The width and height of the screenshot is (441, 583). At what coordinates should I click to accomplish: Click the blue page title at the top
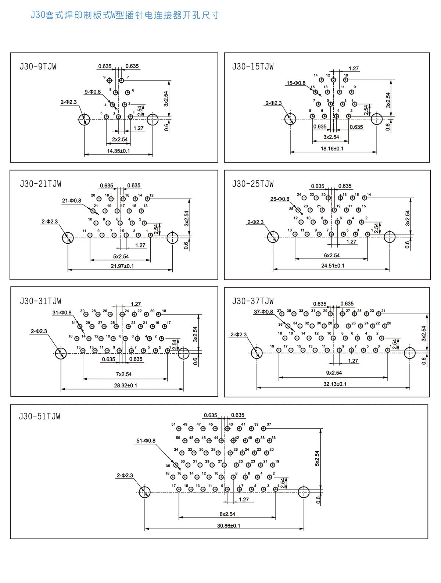(x=125, y=15)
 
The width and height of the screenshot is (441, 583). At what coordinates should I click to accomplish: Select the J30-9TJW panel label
(x=38, y=67)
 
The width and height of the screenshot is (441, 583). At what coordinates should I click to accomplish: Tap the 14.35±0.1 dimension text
(x=118, y=151)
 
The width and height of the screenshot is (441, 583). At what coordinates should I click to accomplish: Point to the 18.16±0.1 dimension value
(x=332, y=149)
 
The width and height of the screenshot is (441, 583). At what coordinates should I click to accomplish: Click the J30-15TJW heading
(x=253, y=67)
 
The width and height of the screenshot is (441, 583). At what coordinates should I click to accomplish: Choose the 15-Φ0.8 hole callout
(x=296, y=83)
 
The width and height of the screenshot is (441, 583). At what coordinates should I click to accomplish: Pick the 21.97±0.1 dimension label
(x=122, y=266)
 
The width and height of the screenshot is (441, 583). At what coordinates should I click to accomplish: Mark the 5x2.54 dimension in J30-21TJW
(x=121, y=257)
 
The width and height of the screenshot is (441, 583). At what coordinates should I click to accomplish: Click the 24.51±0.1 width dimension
(x=333, y=265)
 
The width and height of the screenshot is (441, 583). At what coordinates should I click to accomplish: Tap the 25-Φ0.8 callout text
(x=280, y=199)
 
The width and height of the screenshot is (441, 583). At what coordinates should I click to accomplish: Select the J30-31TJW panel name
(x=40, y=301)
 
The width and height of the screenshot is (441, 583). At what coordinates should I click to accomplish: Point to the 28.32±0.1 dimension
(x=125, y=385)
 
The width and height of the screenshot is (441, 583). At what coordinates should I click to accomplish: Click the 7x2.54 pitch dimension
(x=123, y=374)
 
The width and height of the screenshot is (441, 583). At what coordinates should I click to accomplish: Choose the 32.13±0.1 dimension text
(x=335, y=384)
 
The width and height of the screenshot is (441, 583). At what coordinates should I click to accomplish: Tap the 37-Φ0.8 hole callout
(x=263, y=312)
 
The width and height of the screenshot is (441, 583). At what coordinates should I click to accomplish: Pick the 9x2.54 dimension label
(x=334, y=373)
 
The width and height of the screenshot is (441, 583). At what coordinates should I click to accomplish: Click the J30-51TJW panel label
(x=40, y=416)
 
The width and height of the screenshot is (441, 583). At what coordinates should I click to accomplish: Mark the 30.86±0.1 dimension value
(x=229, y=526)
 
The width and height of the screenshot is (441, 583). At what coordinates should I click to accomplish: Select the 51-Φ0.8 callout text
(x=146, y=440)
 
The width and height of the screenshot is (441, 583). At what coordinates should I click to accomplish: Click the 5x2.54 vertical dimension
(x=317, y=458)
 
